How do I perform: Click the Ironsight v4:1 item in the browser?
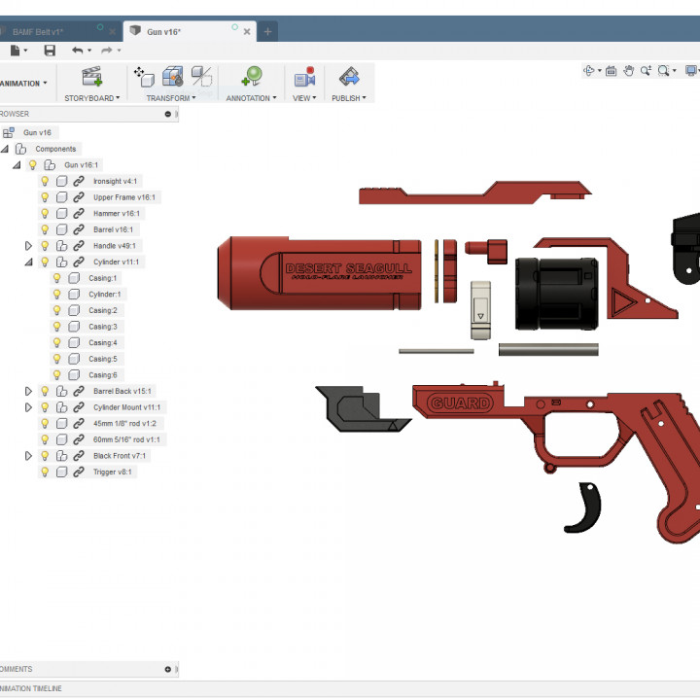pos(115,181)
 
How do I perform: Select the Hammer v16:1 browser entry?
pos(116,213)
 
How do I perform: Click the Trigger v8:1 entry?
pos(112,472)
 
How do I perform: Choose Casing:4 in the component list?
pos(102,342)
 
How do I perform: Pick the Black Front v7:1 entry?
pos(119,455)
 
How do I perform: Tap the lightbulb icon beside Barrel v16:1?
pos(44,229)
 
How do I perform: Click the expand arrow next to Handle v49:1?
pos(28,246)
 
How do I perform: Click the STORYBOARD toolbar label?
pos(90,98)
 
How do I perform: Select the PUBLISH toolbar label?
pos(347,98)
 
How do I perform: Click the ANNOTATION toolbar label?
pos(249,98)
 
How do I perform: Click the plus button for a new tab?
pos(268,32)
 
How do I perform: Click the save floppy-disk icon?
pos(50,51)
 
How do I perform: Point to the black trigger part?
pos(584,508)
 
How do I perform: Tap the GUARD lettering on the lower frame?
pos(461,402)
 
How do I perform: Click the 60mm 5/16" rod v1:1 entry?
pos(126,439)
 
